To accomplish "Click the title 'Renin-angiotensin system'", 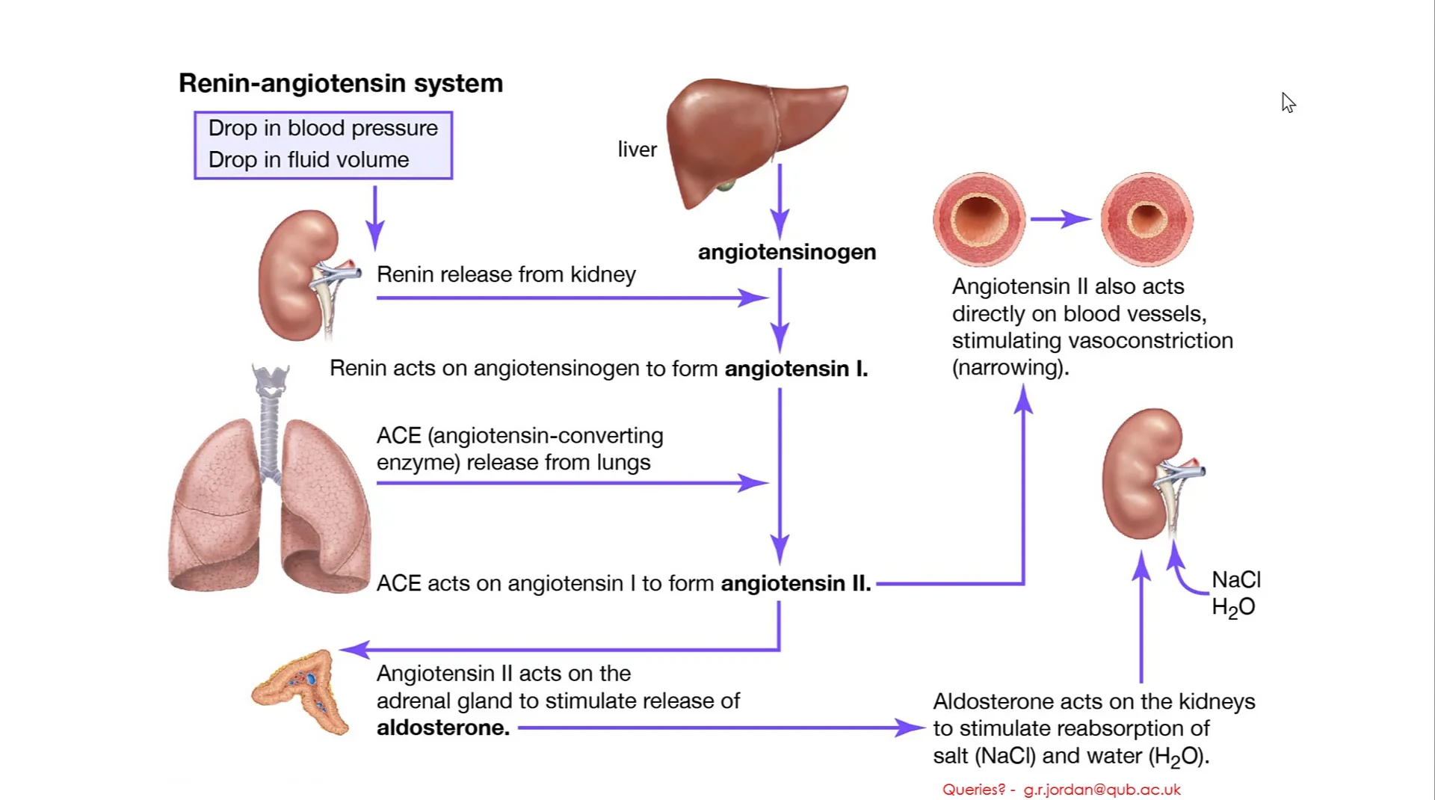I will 341,83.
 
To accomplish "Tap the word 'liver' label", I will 637,150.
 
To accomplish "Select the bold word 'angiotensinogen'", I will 786,252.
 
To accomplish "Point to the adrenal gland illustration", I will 303,692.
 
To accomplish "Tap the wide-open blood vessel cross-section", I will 979,219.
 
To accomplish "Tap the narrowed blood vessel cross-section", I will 1147,219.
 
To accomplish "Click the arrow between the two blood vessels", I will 1061,219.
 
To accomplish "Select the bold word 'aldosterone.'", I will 442,727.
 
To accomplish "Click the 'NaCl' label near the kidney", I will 1235,579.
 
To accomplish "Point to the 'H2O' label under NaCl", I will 1233,607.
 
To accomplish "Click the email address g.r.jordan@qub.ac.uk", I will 1102,790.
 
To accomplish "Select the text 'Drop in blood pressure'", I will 323,128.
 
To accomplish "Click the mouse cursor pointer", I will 1288,102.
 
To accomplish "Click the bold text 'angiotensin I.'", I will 796,369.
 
